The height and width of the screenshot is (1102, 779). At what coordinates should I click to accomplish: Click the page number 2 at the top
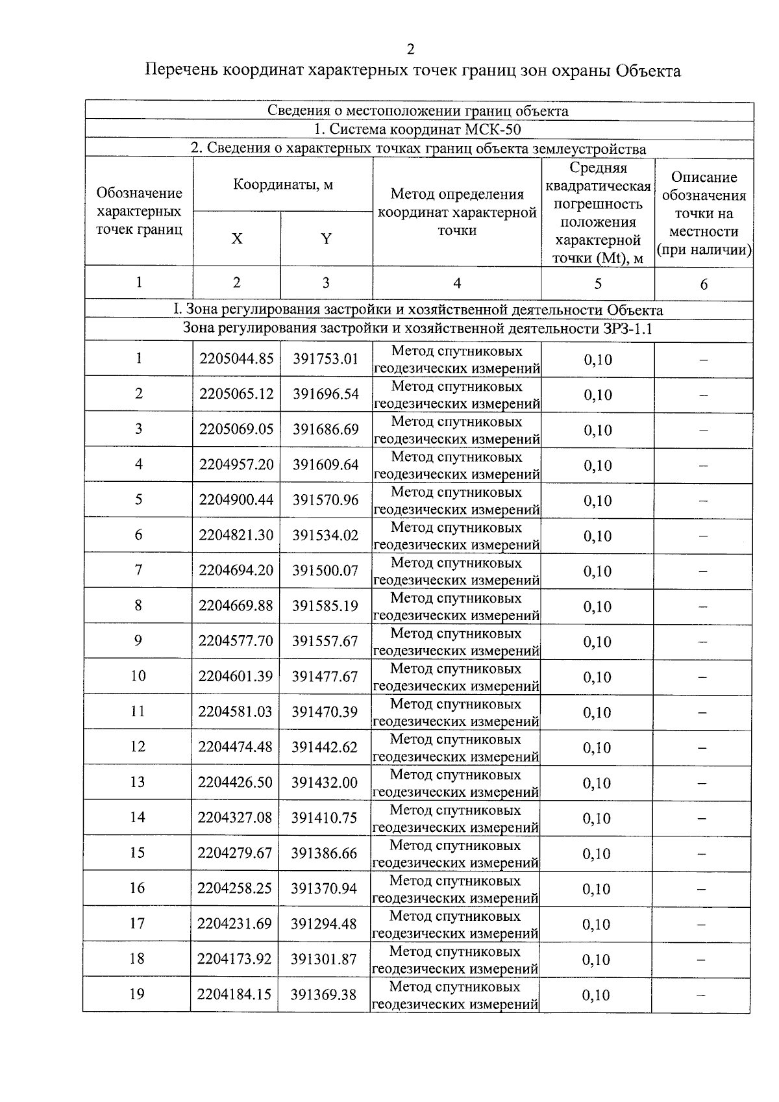click(410, 50)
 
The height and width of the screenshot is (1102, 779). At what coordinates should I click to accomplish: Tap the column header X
click(237, 238)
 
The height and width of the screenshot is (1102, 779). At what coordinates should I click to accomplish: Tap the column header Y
click(326, 238)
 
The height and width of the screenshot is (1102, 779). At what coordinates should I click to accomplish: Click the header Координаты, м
click(283, 184)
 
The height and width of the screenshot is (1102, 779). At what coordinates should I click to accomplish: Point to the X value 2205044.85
click(236, 359)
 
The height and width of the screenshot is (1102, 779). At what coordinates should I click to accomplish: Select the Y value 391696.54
click(325, 394)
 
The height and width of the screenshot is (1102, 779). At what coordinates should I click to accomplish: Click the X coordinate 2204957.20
click(236, 464)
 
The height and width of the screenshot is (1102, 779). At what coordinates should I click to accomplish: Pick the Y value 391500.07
click(325, 570)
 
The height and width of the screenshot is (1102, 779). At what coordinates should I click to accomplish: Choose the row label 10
click(138, 676)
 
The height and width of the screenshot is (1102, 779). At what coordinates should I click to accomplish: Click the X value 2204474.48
click(235, 747)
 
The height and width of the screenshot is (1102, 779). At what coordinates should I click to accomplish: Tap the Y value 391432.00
click(324, 783)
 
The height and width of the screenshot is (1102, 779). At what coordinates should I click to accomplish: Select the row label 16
click(137, 888)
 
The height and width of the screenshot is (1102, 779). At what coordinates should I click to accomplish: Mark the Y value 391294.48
click(323, 923)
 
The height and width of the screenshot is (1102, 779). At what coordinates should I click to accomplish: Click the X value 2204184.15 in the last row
click(234, 994)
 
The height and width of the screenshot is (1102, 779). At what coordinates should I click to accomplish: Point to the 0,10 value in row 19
click(596, 995)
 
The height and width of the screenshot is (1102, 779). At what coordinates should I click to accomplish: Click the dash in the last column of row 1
click(703, 360)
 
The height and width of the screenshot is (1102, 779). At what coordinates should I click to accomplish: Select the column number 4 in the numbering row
click(457, 283)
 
